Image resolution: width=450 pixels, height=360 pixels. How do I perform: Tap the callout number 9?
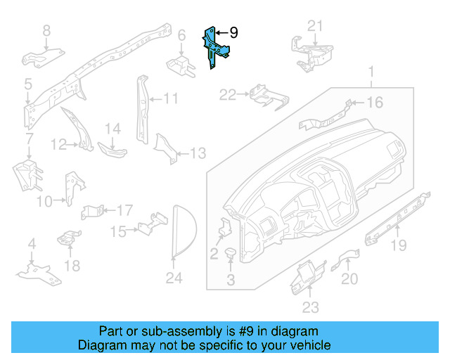(x=233, y=32)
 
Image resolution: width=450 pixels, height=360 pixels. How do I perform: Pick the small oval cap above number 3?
(x=230, y=253)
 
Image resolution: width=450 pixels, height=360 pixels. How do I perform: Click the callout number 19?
(x=399, y=245)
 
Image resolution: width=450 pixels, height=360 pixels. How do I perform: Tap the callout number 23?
(x=310, y=307)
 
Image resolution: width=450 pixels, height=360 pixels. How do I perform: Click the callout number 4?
(x=31, y=244)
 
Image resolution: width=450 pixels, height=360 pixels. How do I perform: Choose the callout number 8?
(x=46, y=30)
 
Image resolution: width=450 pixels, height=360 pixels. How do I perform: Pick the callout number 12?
(x=59, y=145)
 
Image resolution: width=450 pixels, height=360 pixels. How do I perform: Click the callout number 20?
(x=349, y=279)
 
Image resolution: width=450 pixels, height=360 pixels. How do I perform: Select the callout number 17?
(x=124, y=210)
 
